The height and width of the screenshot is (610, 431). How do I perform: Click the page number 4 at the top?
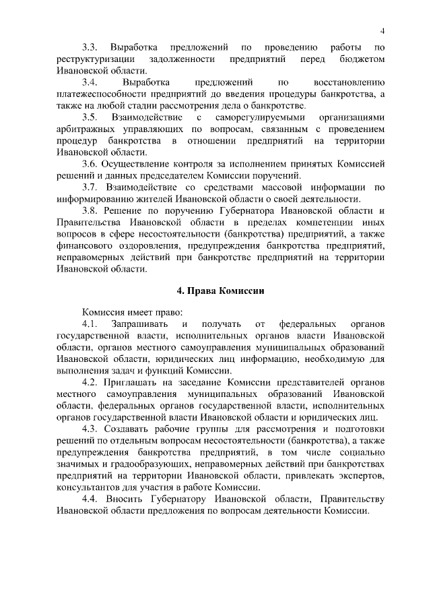[x=383, y=31]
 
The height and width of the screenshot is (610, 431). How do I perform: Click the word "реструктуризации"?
[x=94, y=59]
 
